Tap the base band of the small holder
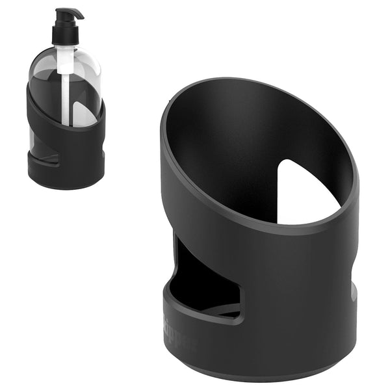[x=65, y=175]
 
